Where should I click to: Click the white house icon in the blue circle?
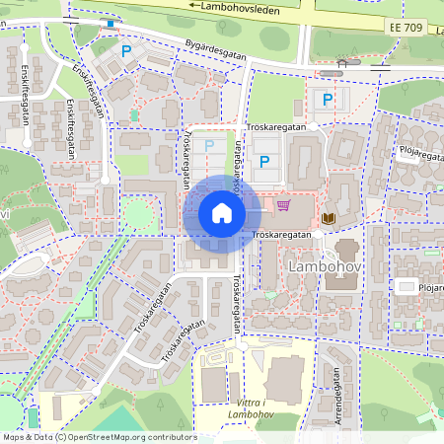pos(221,213)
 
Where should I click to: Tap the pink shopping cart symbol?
pos(284,205)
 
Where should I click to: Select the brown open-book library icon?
pos(329,217)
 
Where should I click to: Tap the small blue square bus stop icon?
pos(111,24)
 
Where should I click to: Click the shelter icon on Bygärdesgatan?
pos(341,63)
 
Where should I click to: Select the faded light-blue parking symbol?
pos(208,145)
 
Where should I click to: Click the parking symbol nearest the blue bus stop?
pos(125,49)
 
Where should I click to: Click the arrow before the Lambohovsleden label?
pos(193,6)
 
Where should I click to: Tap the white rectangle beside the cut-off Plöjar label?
pos(404,286)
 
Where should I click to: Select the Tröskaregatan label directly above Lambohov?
pos(282,235)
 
